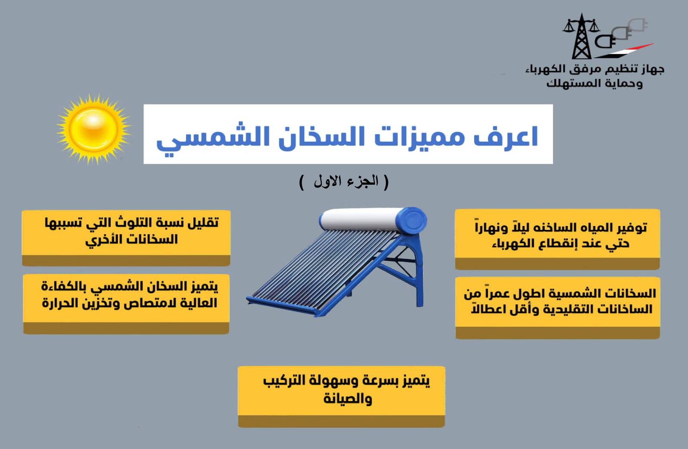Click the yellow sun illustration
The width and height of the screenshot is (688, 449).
click(94, 130)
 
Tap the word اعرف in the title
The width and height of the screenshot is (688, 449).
click(506, 137)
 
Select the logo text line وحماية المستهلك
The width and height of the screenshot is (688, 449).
click(594, 83)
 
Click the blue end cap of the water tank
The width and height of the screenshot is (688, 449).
click(411, 221)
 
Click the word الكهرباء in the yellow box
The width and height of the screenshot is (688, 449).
click(512, 244)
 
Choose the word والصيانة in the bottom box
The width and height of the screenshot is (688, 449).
click(348, 399)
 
